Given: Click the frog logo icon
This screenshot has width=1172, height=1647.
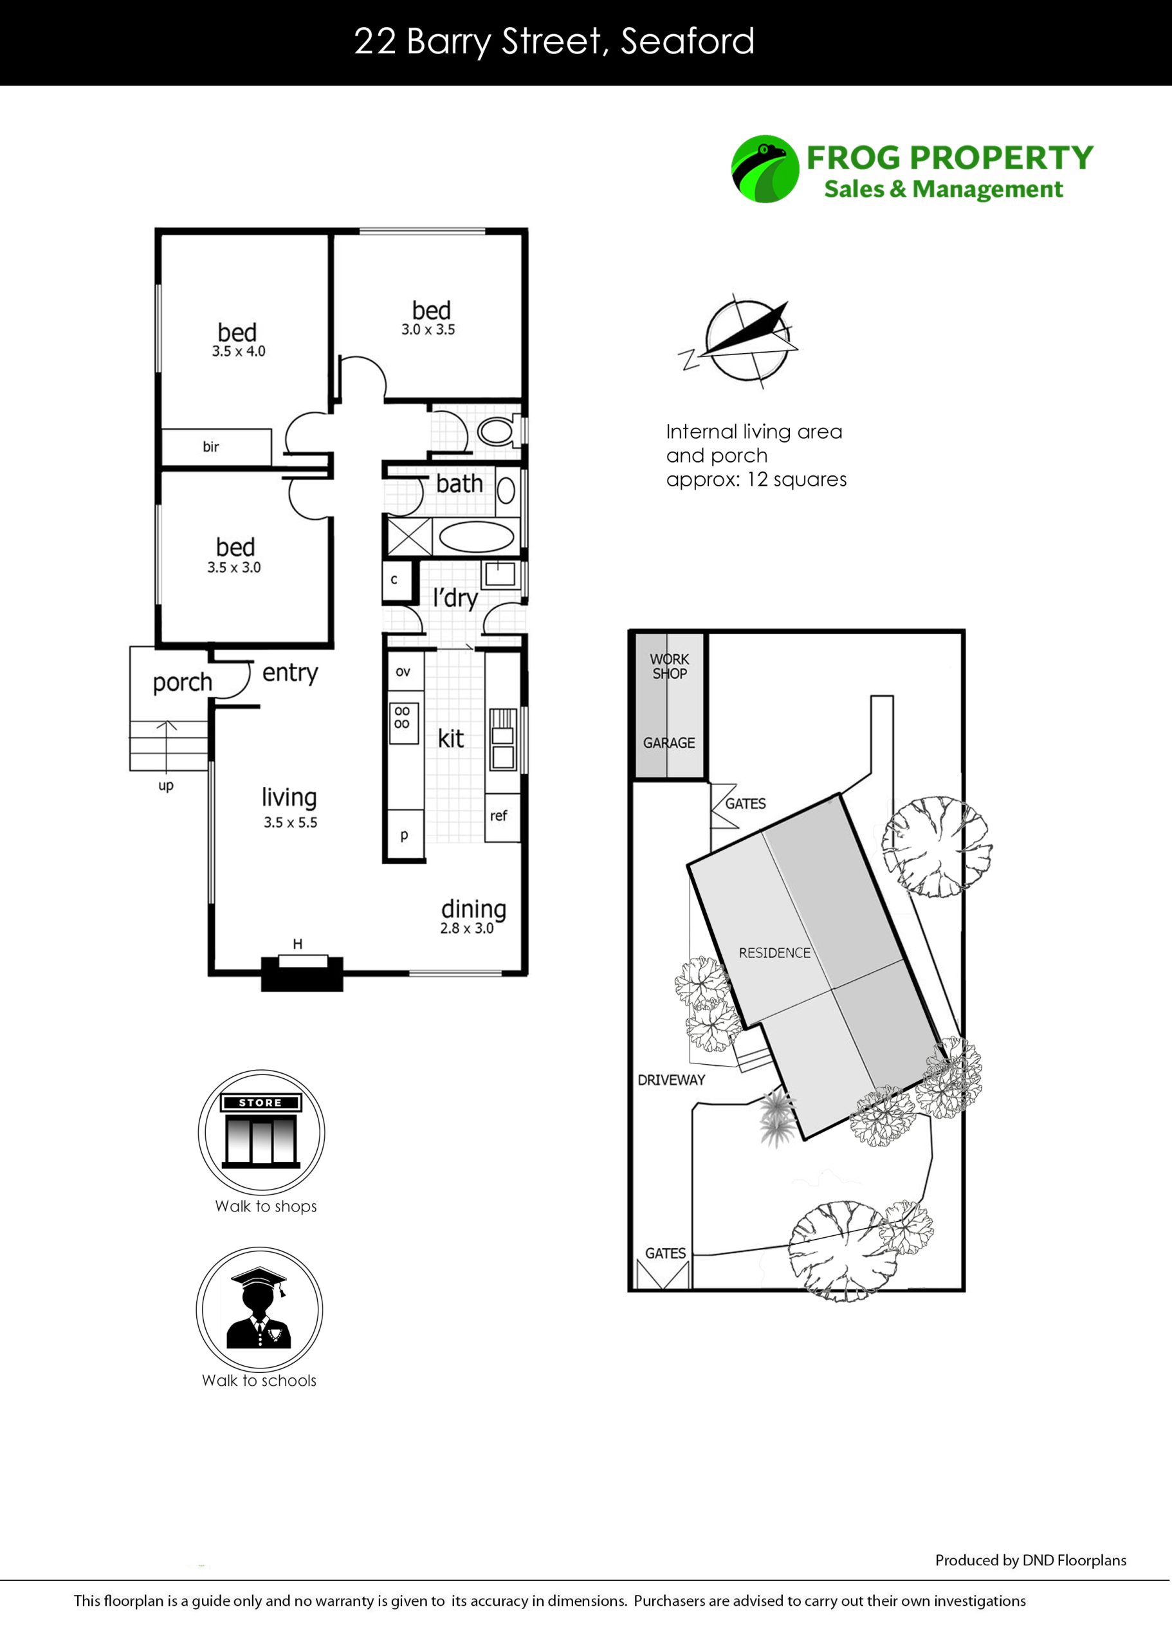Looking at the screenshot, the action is pos(765,169).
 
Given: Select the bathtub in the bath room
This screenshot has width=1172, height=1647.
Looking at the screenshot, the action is pos(476,538).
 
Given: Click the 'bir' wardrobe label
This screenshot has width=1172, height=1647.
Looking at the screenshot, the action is pos(211,446).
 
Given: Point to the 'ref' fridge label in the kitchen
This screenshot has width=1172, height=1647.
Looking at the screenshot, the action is pos(499,816).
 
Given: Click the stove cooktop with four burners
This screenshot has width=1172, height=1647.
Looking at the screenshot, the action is pos(403,723).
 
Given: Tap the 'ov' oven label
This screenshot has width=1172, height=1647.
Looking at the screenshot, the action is pos(403,672).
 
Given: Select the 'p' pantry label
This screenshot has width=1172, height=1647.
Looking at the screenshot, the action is pos(404,835).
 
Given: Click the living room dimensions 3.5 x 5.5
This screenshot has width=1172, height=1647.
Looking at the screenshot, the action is pos(290,822).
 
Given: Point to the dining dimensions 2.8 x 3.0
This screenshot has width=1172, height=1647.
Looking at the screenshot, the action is pos(467,928).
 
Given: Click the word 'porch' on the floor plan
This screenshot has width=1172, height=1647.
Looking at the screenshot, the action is pos(183,682).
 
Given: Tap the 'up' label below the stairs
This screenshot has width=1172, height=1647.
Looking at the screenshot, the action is pos(166,786).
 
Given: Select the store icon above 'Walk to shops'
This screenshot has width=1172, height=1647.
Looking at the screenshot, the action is pos(261,1130).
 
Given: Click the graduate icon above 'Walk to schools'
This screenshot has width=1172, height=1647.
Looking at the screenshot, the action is pos(259,1309).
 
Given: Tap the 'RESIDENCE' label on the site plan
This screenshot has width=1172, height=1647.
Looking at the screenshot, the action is pos(774,953).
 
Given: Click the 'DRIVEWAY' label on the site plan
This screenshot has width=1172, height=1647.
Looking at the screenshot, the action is pos(671,1080).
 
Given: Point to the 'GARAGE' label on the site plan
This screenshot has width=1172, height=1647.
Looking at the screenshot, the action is pos(669,742).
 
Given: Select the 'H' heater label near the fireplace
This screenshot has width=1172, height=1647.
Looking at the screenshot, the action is pos(297,943).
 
